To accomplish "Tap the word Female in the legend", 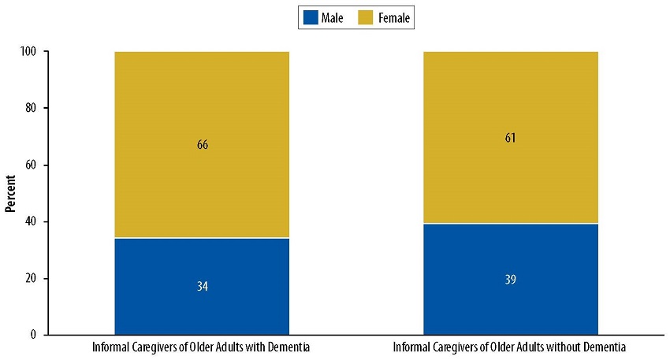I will (x=394, y=17).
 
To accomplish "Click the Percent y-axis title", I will (x=11, y=193).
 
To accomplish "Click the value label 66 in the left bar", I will (x=202, y=145).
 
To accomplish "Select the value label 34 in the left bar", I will (x=202, y=286).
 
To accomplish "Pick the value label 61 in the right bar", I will (x=511, y=138).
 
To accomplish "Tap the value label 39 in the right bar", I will (x=511, y=280).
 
